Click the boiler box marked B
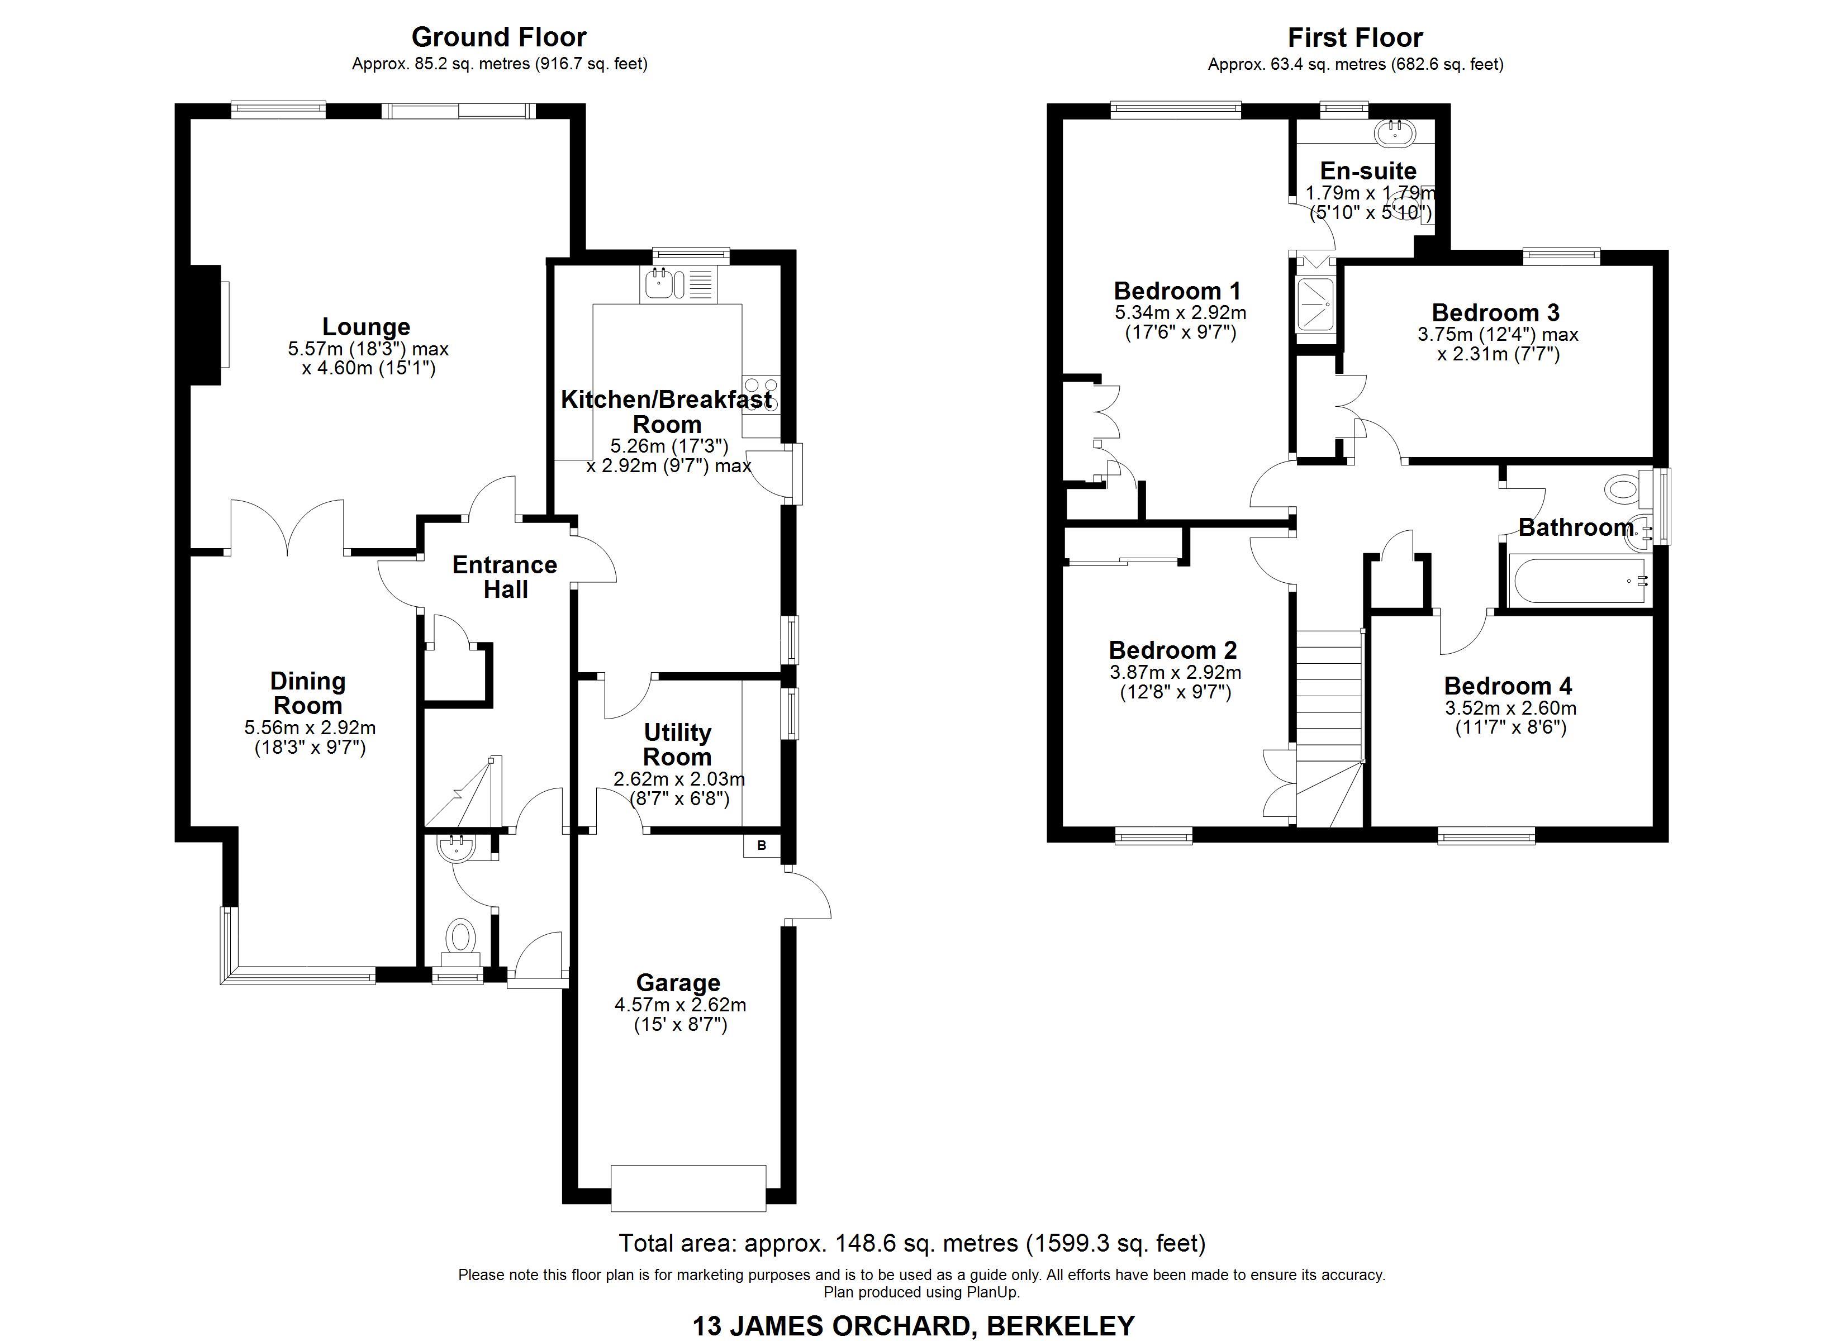click(x=761, y=846)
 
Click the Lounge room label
click(x=366, y=327)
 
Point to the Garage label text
click(x=678, y=983)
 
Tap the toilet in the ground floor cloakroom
click(x=461, y=938)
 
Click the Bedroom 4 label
click(x=1508, y=686)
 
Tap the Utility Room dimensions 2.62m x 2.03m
click(x=679, y=779)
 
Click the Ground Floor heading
click(x=498, y=37)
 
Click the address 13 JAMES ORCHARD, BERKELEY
click(x=913, y=1325)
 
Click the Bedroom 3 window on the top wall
click(x=1561, y=257)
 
